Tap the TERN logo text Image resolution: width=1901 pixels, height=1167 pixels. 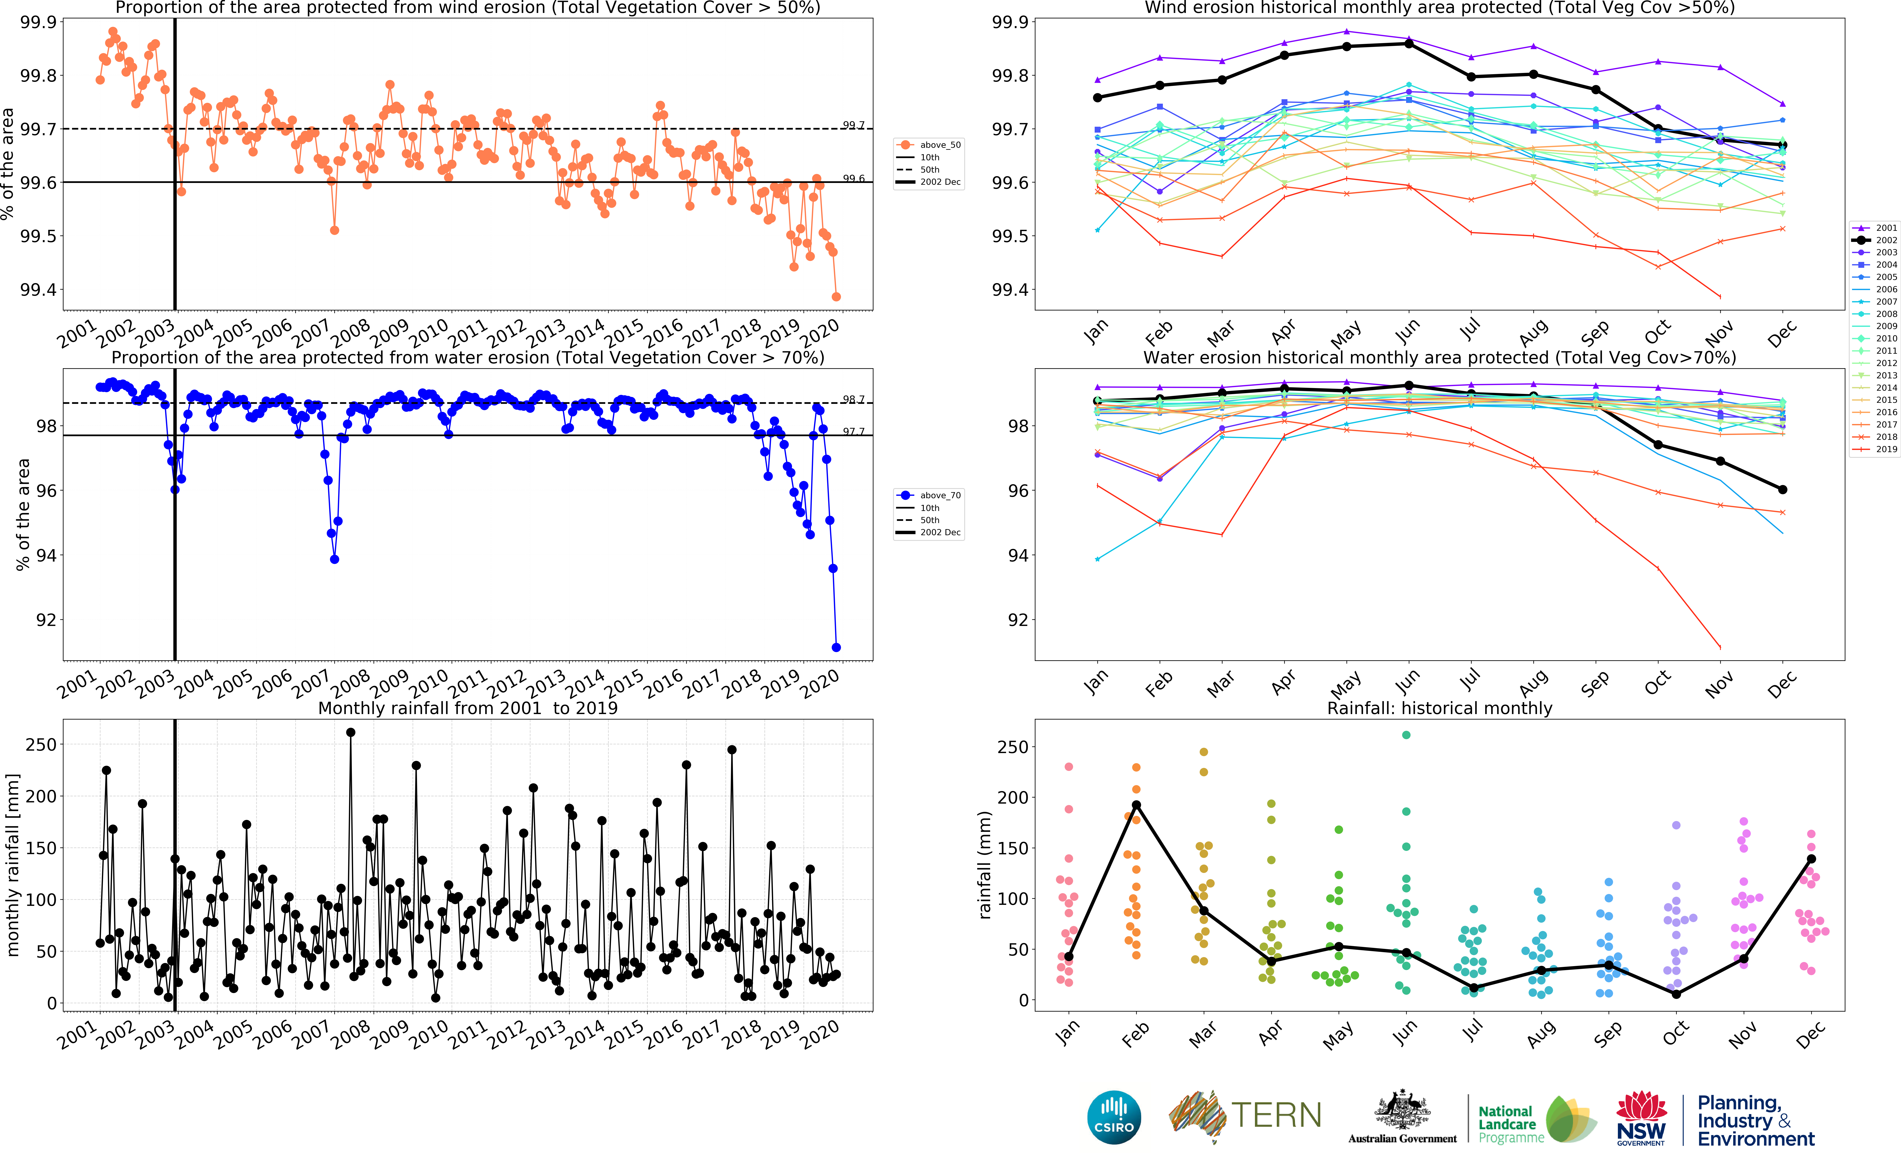(x=1275, y=1115)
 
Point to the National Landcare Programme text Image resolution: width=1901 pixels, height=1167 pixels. (x=1509, y=1124)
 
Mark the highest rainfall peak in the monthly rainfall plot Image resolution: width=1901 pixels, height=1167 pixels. (x=350, y=732)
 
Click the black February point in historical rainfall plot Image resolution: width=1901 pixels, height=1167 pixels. (x=1136, y=805)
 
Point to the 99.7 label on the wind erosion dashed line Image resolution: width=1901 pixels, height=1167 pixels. (x=853, y=125)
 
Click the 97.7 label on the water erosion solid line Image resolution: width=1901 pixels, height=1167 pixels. (x=853, y=432)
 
